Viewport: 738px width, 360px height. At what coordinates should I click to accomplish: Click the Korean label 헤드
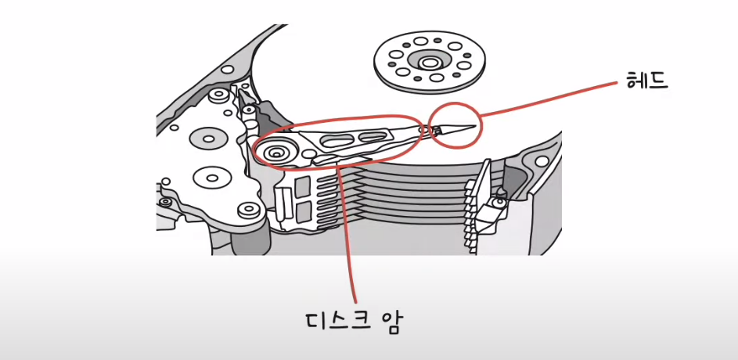[x=647, y=80]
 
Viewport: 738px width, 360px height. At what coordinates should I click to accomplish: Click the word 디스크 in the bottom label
[x=336, y=322]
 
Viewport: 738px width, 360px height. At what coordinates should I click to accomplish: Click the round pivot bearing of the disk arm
[x=276, y=151]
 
